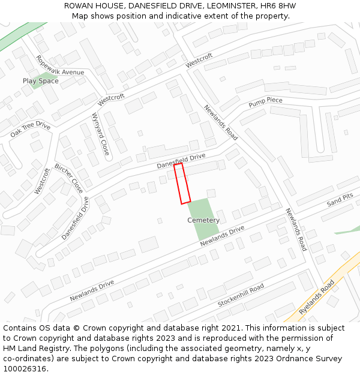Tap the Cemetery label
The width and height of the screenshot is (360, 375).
(x=203, y=220)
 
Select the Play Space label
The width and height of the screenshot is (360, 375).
(x=41, y=81)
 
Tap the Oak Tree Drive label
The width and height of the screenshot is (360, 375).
(x=31, y=129)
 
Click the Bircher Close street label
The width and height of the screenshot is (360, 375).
(x=69, y=178)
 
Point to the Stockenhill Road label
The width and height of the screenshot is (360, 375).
(x=241, y=296)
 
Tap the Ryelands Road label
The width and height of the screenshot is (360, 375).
(x=316, y=297)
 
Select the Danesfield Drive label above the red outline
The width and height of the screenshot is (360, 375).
(x=181, y=160)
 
